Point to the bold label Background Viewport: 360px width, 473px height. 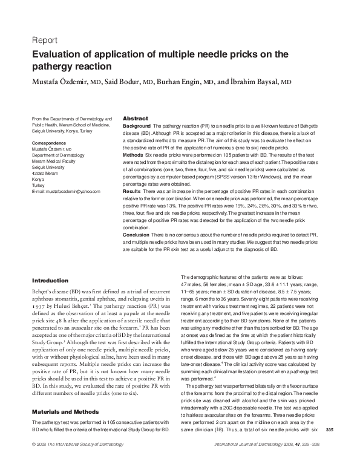137,125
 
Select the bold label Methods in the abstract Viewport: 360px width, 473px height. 133,155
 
